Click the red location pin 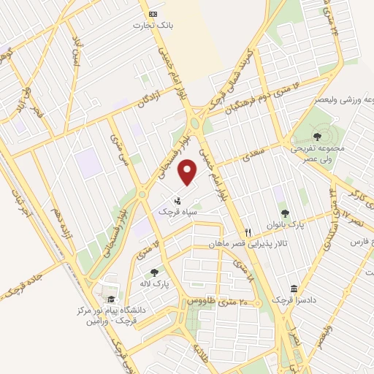click(188, 173)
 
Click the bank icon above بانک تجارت click(152, 14)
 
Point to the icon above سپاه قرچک click(177, 200)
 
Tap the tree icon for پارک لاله click(153, 272)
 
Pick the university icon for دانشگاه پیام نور click(110, 299)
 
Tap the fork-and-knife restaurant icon click(248, 232)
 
